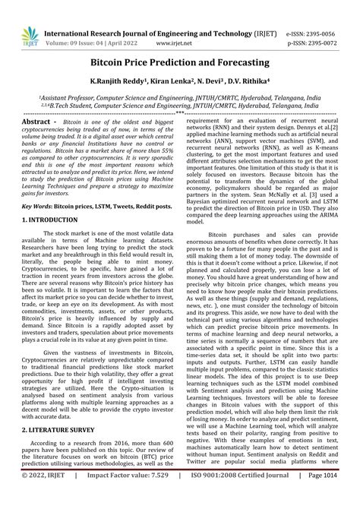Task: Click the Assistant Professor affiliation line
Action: pos(180,99)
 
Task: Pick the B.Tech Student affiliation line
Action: pos(180,109)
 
